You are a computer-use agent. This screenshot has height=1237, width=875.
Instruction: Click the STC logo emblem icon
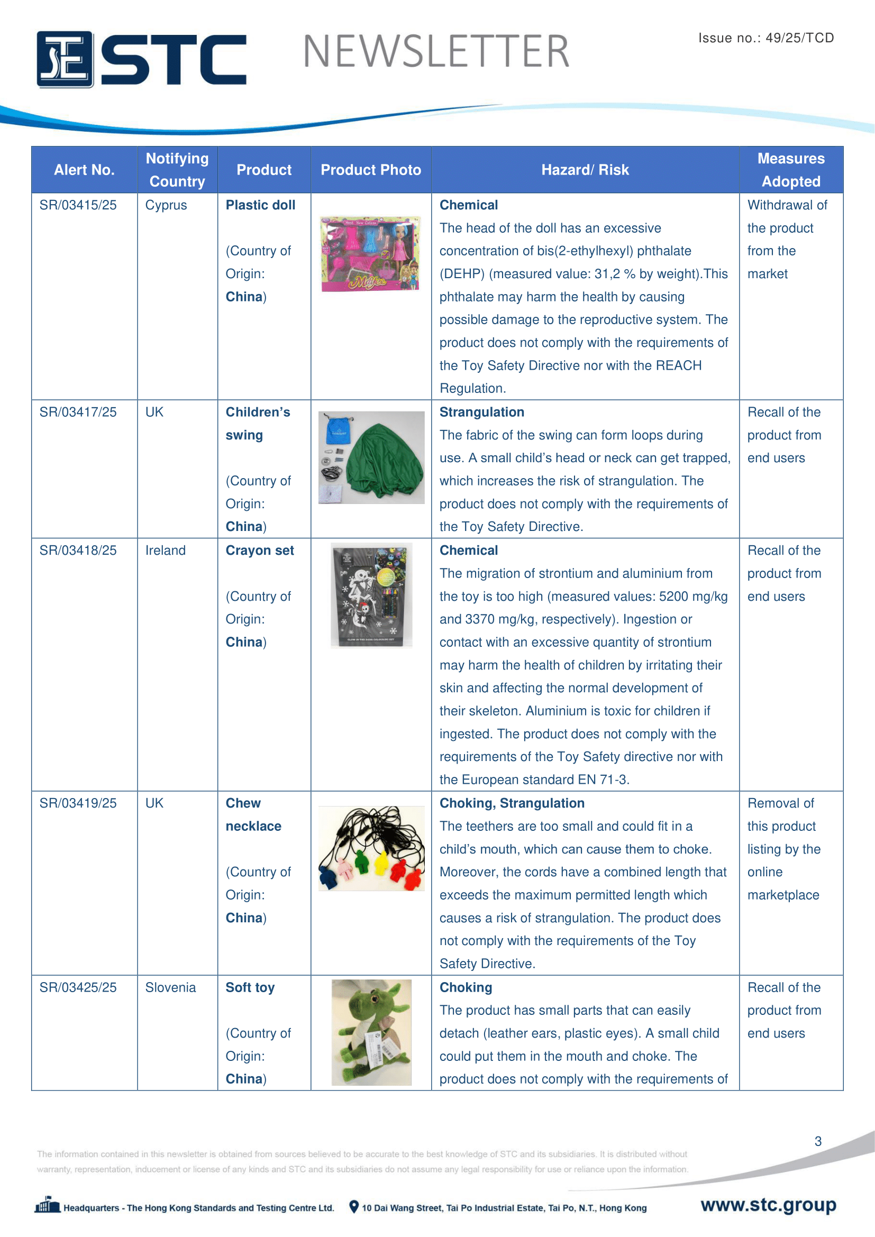[65, 59]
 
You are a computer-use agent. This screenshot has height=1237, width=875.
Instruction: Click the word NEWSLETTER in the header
[436, 52]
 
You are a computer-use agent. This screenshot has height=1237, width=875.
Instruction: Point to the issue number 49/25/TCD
[765, 38]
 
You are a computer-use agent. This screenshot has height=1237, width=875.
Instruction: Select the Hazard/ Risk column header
[585, 170]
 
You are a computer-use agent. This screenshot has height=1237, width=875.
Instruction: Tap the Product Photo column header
[371, 170]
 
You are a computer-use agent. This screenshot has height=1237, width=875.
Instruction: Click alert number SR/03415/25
[78, 205]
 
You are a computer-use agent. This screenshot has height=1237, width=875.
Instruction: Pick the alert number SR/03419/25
[78, 803]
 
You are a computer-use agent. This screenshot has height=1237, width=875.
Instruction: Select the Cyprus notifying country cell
[166, 205]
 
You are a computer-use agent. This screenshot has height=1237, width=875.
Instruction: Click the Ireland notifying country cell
[166, 551]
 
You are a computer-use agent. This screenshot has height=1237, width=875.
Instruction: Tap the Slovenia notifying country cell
[170, 987]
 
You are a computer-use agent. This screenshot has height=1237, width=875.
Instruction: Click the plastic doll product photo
[370, 253]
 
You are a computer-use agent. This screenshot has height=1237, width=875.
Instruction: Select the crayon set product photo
[371, 595]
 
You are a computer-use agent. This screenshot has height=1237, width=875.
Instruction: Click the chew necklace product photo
[371, 848]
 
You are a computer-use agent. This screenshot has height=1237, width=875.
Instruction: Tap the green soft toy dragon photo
[371, 1032]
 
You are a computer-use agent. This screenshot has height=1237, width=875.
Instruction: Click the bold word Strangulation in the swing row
[482, 412]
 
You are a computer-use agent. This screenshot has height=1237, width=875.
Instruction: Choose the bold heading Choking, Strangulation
[512, 803]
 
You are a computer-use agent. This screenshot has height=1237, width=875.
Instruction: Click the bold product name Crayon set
[260, 551]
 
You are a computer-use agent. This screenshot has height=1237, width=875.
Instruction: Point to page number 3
[818, 1141]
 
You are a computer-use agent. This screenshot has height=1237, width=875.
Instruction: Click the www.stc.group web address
[768, 1205]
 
